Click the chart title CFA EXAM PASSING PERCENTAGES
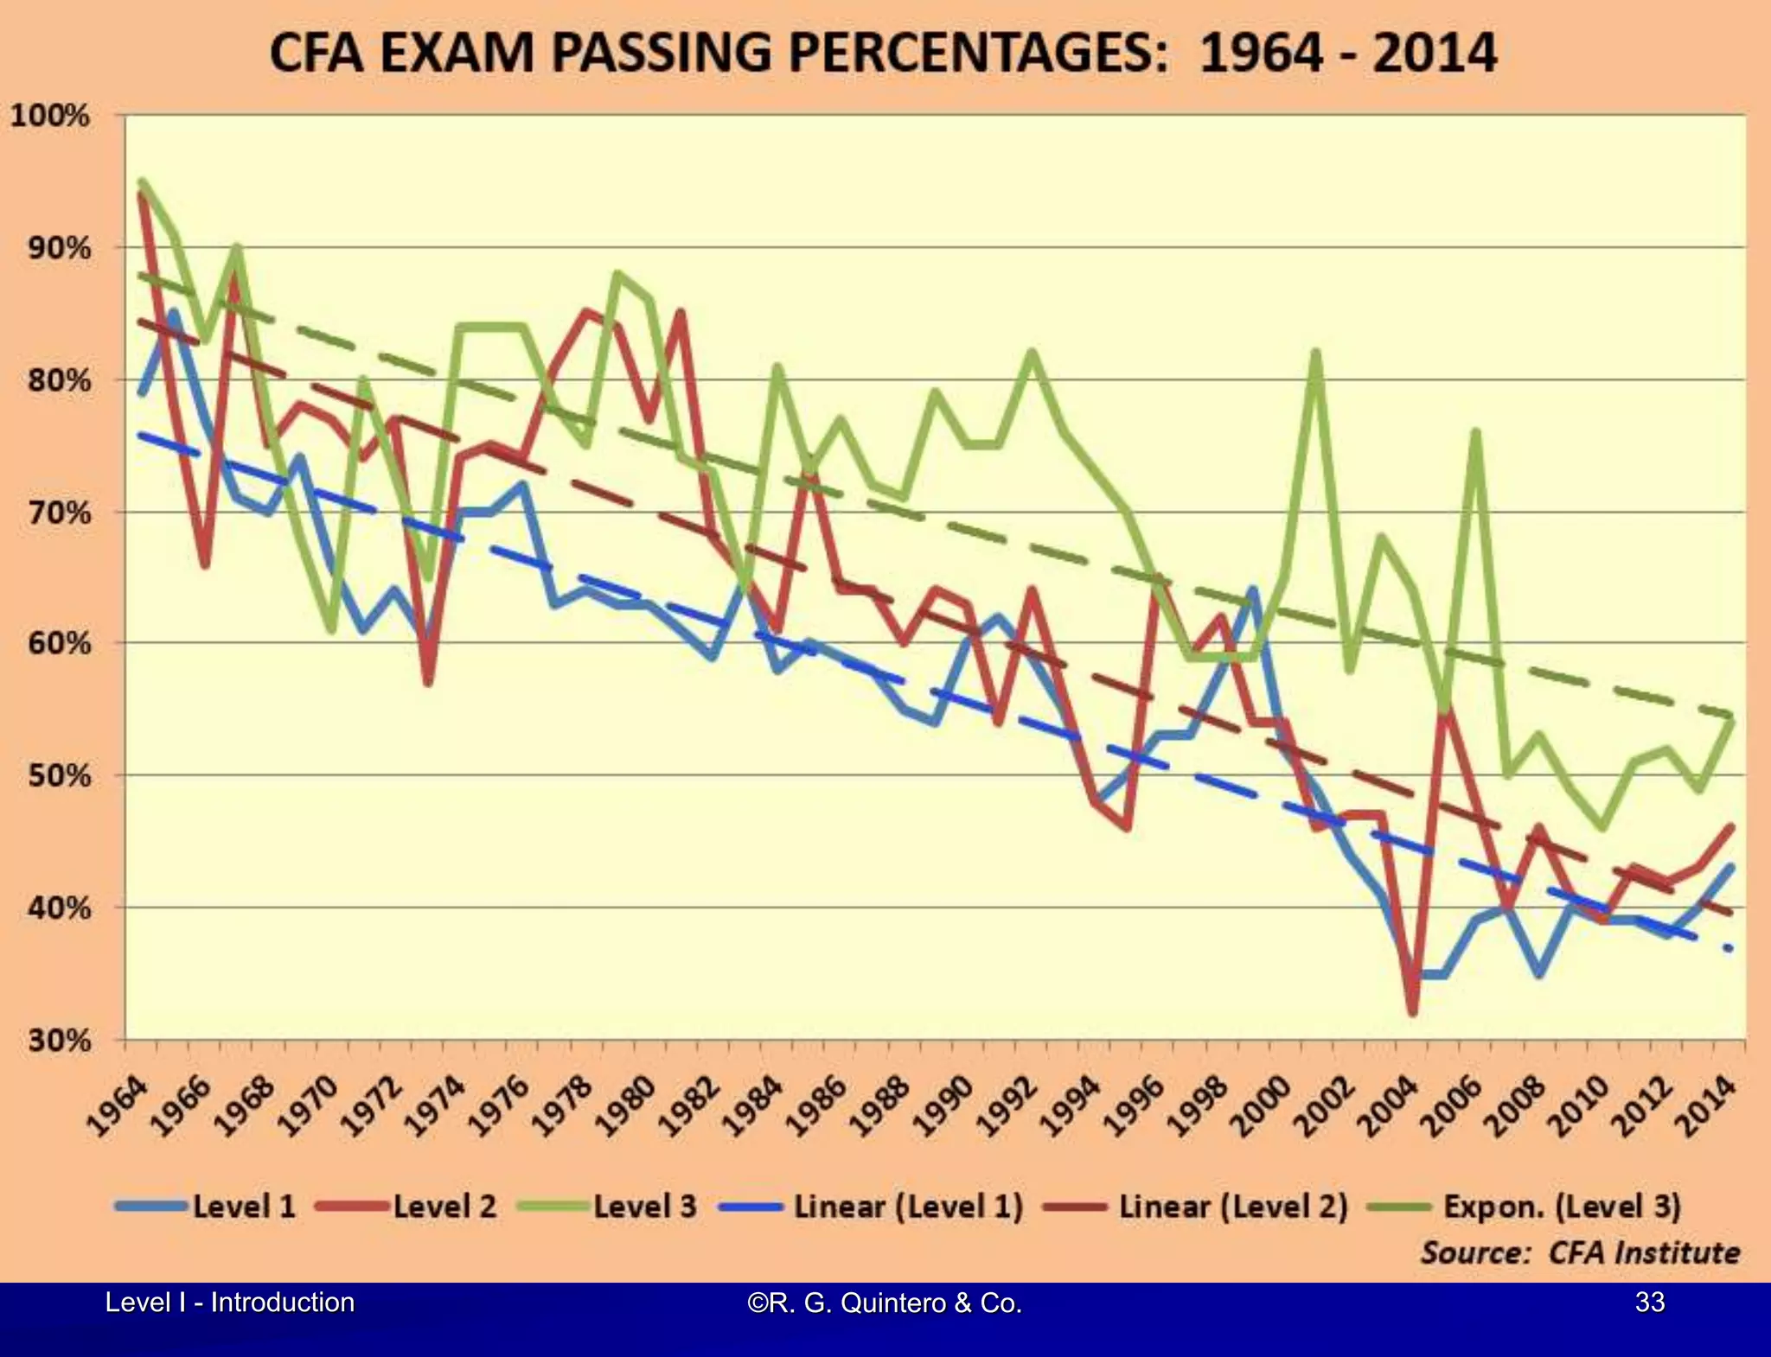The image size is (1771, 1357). [x=882, y=54]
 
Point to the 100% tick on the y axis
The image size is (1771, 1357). [x=50, y=116]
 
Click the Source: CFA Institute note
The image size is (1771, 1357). [x=1580, y=1252]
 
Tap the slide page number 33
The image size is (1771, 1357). [x=1650, y=1302]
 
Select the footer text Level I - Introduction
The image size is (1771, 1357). [x=229, y=1303]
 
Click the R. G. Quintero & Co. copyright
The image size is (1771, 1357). [x=885, y=1303]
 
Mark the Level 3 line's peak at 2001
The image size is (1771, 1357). [x=1316, y=353]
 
